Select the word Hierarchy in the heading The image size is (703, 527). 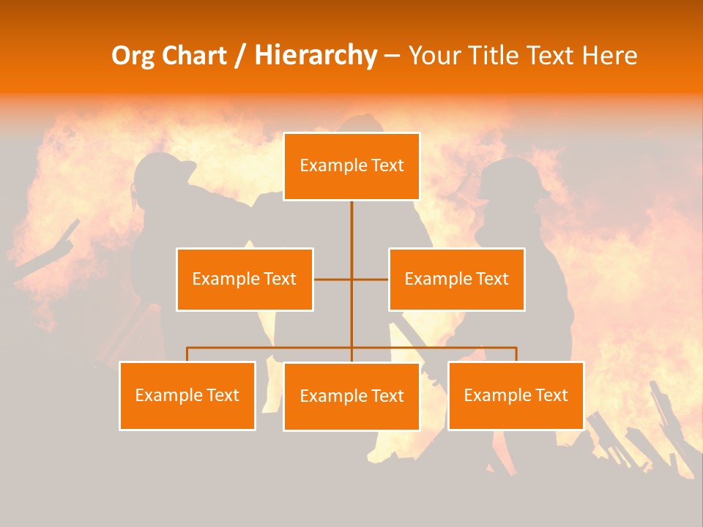(x=315, y=56)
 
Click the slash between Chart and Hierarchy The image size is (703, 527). (x=240, y=56)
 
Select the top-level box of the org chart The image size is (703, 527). (x=351, y=166)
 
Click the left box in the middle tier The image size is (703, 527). (x=245, y=279)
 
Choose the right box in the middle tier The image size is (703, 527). (x=456, y=279)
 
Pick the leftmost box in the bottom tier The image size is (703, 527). (x=187, y=395)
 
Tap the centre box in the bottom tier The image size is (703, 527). (x=351, y=396)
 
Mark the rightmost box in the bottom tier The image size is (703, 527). (x=516, y=395)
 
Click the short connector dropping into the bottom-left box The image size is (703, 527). (x=187, y=354)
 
